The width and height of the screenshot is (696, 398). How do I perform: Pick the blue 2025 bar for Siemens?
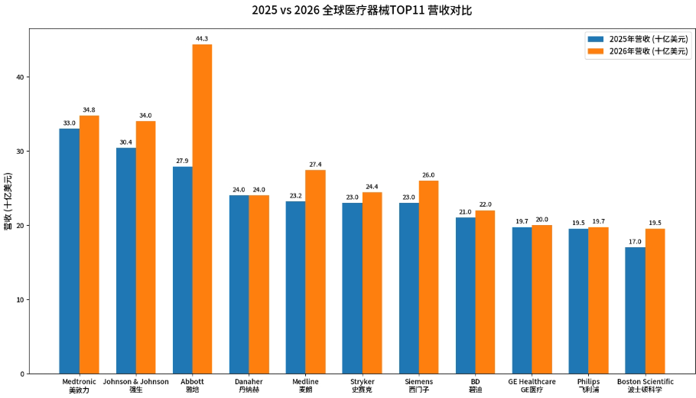pos(409,288)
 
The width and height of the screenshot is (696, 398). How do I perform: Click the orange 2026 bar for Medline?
pos(315,272)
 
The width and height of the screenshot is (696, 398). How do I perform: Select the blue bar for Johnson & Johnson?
pos(126,260)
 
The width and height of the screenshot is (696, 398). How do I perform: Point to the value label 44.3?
pos(202,38)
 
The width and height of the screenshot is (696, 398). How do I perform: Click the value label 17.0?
pos(635,241)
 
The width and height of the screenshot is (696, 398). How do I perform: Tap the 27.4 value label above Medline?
pos(315,164)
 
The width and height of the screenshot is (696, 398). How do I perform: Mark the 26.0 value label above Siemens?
pos(428,175)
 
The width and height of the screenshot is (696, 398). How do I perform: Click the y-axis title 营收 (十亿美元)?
pos(8,201)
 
